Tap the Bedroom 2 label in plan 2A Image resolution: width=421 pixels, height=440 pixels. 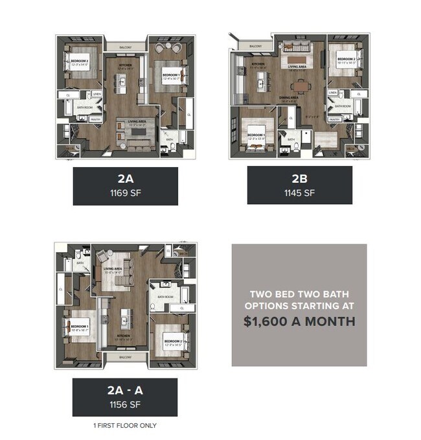click(75, 62)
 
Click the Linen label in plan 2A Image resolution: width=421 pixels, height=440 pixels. click(98, 93)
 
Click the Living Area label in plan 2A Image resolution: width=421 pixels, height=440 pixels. click(136, 121)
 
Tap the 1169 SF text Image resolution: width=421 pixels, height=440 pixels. click(125, 192)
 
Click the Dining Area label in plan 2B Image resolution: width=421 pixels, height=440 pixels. click(288, 98)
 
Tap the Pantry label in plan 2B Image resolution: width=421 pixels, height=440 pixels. click(335, 119)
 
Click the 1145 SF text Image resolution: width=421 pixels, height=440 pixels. click(299, 192)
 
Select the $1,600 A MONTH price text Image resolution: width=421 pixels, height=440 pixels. click(299, 320)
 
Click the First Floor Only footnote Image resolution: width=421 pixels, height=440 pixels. click(125, 425)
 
